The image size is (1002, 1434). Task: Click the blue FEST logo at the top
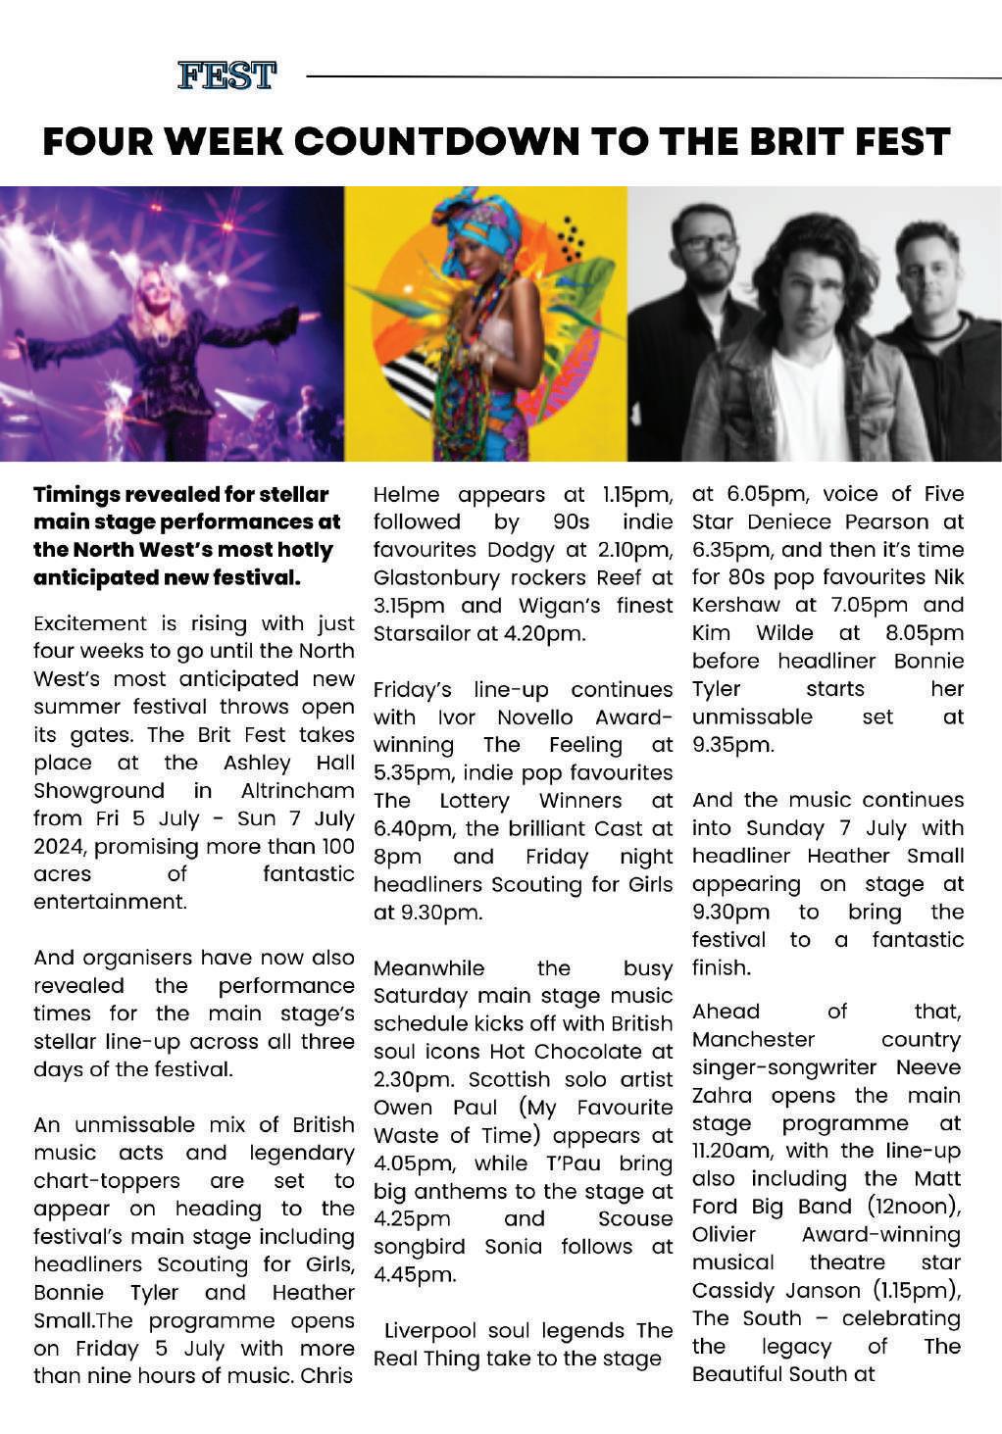click(x=226, y=75)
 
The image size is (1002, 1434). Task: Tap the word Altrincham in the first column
click(x=297, y=790)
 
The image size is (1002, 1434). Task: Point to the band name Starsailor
click(x=422, y=633)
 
